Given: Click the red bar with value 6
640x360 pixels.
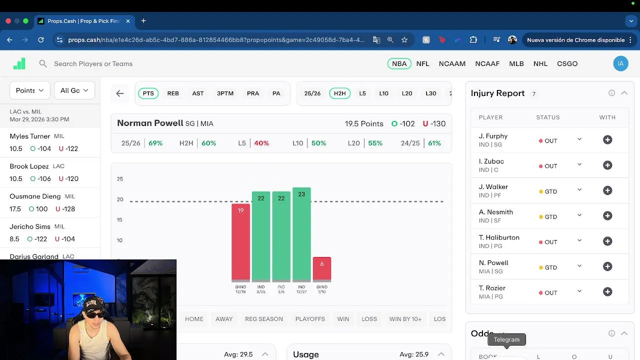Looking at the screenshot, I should (x=321, y=268).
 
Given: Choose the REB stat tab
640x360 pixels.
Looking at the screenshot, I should (x=173, y=93).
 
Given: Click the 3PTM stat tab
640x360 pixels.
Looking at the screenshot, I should (x=225, y=93).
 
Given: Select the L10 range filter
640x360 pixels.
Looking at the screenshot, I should (x=383, y=93).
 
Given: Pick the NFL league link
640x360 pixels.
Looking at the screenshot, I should (x=422, y=63).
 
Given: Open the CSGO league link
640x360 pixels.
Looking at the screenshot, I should (x=567, y=63).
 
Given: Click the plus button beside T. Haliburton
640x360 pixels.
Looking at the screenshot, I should (x=607, y=241).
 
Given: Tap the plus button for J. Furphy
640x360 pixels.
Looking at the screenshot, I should (x=607, y=140).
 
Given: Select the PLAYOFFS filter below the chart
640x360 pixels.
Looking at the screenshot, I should (x=310, y=319).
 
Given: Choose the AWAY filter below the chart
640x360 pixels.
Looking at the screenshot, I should (x=224, y=319).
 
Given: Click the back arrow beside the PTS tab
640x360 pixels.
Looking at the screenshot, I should (x=120, y=93).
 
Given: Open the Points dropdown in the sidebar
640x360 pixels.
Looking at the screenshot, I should (x=29, y=90).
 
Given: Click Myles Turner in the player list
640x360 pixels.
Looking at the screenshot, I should (x=30, y=136).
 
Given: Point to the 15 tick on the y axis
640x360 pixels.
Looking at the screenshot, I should (x=120, y=220).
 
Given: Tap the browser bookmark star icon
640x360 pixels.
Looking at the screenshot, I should (x=404, y=40).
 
